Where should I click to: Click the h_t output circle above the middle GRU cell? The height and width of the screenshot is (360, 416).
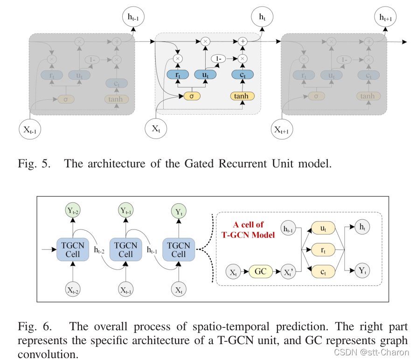[262, 18]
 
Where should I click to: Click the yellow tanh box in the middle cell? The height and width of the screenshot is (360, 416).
[242, 96]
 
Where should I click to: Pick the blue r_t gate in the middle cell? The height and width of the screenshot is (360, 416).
[177, 75]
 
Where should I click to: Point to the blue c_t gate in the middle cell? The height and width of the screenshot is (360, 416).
[242, 75]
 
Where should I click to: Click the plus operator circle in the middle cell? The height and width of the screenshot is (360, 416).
[242, 42]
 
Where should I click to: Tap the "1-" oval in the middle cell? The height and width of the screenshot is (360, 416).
[218, 59]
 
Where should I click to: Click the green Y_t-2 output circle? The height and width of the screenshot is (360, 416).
[72, 211]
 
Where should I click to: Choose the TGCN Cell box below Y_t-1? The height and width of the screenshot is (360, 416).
[125, 249]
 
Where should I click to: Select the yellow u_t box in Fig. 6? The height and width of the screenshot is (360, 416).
[322, 229]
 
